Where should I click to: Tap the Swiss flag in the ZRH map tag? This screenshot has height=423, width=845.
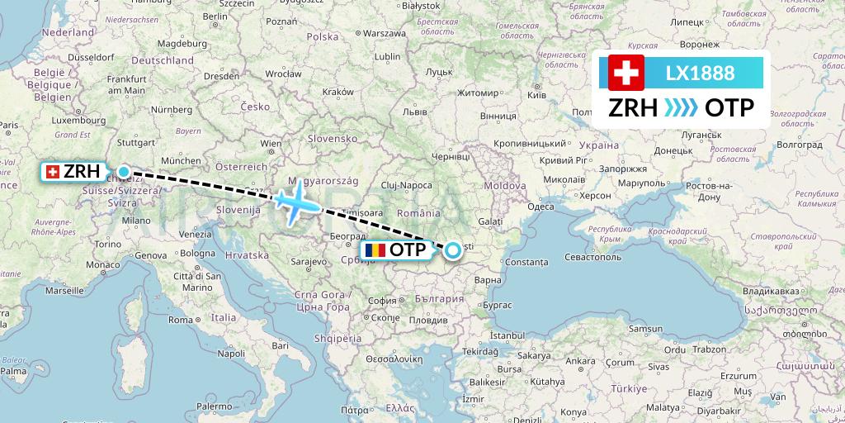coord(54,172)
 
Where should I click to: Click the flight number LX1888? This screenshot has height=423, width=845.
coord(700,73)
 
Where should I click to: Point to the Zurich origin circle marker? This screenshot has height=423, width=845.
coord(123,172)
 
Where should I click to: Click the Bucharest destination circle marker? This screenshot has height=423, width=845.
coord(454,250)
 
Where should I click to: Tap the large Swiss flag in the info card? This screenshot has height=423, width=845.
coord(626,73)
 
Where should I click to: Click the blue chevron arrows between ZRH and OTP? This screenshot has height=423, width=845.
coord(682,108)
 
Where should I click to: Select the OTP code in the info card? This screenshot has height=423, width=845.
coord(729,108)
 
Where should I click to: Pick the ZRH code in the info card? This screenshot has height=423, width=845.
coord(634,108)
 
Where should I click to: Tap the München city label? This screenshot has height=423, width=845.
coord(181,160)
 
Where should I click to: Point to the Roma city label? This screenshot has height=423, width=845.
coord(180,319)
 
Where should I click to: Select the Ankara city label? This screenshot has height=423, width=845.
coord(580,360)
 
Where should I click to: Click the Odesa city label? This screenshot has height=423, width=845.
coord(541,207)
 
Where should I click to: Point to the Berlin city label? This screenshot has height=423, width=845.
coord(215,16)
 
